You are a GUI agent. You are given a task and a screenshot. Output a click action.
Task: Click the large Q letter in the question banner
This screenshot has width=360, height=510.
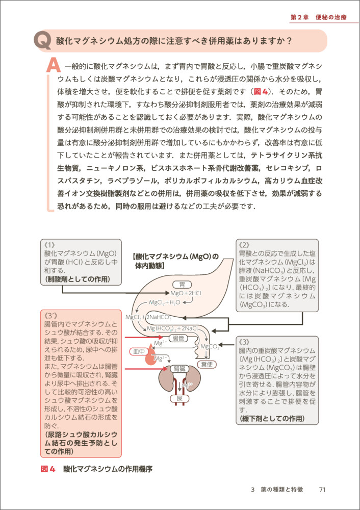[42, 41]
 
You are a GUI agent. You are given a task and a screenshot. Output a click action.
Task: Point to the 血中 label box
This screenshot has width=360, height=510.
[139, 351]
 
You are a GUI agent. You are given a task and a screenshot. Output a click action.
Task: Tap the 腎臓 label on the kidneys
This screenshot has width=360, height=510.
[179, 368]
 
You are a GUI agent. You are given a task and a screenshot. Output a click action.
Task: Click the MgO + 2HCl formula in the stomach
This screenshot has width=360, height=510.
[187, 294]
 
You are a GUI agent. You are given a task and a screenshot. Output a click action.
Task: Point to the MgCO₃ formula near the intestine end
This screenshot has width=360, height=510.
[210, 347]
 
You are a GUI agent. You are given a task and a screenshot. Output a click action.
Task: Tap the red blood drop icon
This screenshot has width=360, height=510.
[150, 361]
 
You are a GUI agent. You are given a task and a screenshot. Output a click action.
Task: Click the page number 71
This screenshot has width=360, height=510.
[322, 490]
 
